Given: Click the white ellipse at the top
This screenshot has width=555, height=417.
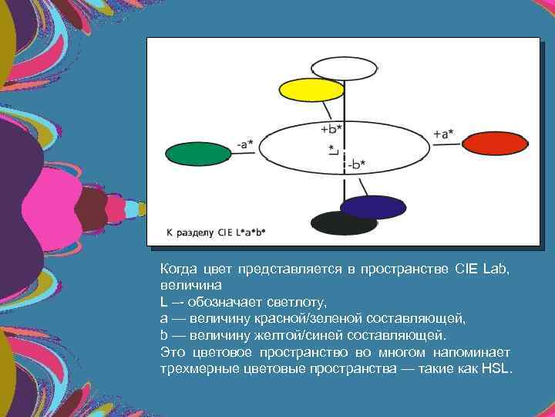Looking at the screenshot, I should click(x=344, y=69).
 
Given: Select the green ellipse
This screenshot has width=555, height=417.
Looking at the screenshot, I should click(x=198, y=154).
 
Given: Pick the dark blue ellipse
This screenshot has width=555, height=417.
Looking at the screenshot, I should click(x=373, y=207).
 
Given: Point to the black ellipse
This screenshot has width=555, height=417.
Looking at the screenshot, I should click(x=344, y=223).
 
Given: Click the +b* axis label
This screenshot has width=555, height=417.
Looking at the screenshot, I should click(x=331, y=128).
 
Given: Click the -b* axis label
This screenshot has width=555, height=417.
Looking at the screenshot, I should click(x=355, y=164).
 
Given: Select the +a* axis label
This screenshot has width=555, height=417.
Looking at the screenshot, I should click(x=443, y=134).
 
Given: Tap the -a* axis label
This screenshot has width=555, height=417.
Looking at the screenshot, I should click(x=247, y=143).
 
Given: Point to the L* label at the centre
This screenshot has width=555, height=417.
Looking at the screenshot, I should click(x=332, y=150).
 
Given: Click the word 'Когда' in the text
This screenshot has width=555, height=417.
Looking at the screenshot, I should click(x=178, y=269).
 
